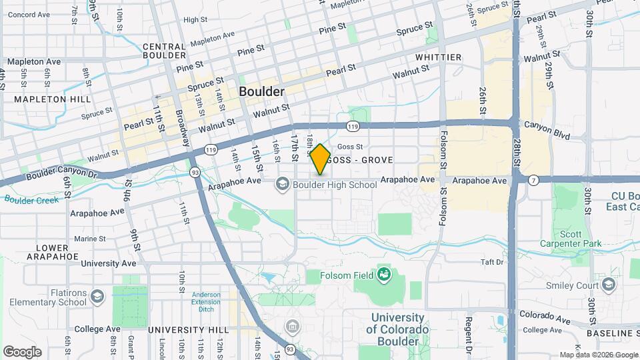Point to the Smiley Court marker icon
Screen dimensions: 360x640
[608, 285]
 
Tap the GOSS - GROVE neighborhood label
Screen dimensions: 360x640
[360, 161]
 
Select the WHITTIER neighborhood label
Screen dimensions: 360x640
[438, 57]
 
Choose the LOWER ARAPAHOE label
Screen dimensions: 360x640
[52, 252]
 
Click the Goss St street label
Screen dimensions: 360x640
[349, 147]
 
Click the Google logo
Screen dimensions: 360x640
[22, 352]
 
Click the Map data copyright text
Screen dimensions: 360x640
[598, 355]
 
